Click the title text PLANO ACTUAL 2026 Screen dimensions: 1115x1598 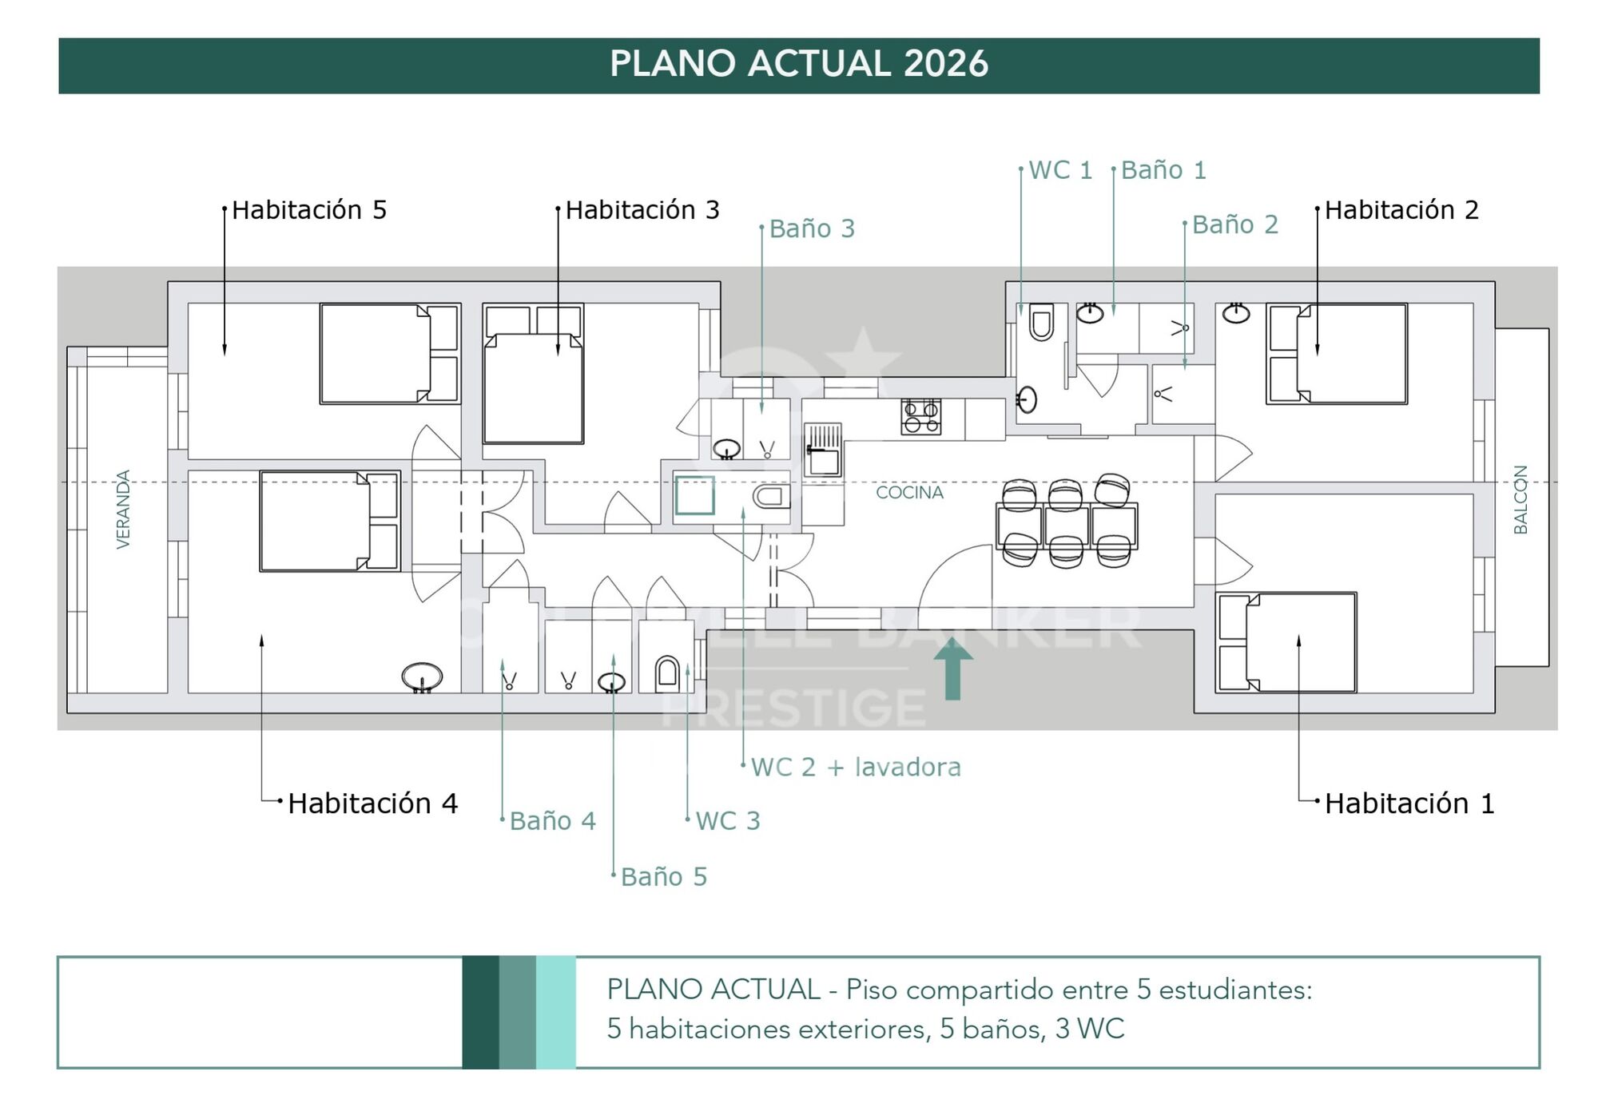click(x=798, y=64)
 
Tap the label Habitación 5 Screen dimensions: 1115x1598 click(x=309, y=210)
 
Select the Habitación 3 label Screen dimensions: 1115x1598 click(x=642, y=210)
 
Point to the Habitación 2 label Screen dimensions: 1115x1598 click(x=1401, y=210)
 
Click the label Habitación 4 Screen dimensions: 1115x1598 click(x=372, y=804)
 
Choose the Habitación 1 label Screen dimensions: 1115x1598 click(x=1409, y=804)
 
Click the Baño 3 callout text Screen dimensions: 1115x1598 click(x=812, y=229)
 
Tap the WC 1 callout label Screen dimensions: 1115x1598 click(x=1059, y=170)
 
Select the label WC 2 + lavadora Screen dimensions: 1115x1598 click(x=856, y=768)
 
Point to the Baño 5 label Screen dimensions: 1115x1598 click(x=664, y=877)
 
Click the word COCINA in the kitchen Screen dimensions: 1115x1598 click(x=909, y=493)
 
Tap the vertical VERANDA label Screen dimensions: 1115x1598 click(x=123, y=510)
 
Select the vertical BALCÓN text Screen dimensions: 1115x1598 click(x=1520, y=500)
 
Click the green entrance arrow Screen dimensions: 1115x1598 click(x=952, y=668)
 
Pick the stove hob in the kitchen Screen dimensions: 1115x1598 click(x=920, y=417)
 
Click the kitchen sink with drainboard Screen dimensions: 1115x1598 click(x=823, y=450)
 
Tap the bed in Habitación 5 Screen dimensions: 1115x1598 click(x=389, y=353)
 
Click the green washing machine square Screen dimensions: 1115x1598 click(x=694, y=495)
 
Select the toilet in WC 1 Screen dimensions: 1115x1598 click(x=1041, y=322)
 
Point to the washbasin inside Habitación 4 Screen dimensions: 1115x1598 click(x=422, y=677)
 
